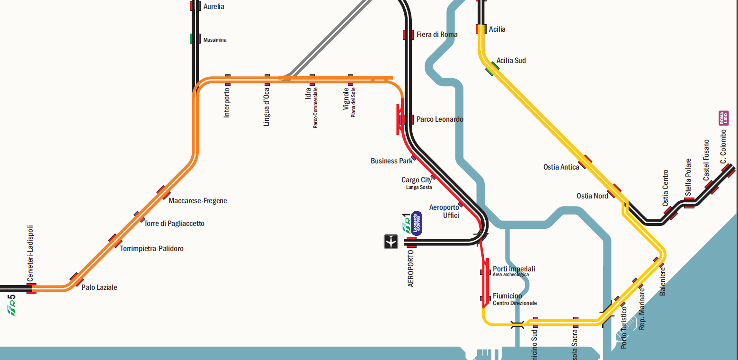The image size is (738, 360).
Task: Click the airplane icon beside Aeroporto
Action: (x=391, y=242)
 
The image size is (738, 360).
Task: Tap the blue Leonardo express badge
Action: (x=416, y=223)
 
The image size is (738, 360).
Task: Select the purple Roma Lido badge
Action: (x=723, y=118)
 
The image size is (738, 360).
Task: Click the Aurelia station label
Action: (x=213, y=7)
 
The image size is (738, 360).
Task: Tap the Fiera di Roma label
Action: (x=436, y=35)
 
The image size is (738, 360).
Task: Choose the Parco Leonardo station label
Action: (x=439, y=119)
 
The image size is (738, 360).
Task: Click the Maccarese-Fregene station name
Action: (x=197, y=201)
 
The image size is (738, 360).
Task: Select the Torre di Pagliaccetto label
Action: (x=174, y=224)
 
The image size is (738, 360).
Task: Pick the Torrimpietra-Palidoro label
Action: (x=151, y=249)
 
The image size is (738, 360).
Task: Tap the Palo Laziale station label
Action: (x=99, y=288)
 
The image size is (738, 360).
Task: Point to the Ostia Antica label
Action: (x=561, y=167)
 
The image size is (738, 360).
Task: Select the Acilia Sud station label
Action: (x=511, y=61)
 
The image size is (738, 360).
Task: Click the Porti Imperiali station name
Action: (x=514, y=269)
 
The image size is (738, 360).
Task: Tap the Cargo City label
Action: (x=417, y=180)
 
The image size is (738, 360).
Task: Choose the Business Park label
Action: (x=391, y=161)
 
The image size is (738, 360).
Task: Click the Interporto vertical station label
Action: (x=227, y=102)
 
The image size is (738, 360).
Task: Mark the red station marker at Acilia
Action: (x=481, y=29)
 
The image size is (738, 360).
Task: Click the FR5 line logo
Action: (x=12, y=306)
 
